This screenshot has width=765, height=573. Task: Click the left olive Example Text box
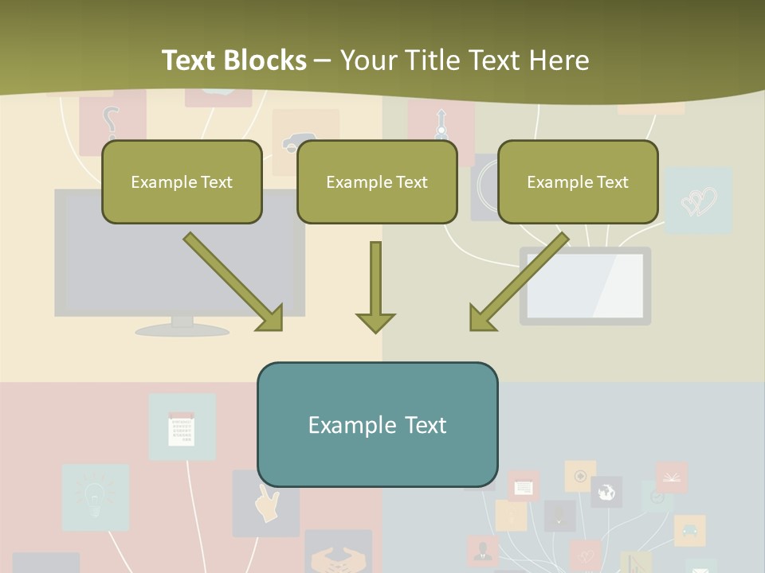(x=182, y=181)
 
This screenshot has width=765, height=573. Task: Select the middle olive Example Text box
(x=377, y=181)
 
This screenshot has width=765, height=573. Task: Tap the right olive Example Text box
(x=578, y=181)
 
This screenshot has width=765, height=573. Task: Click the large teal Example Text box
(x=377, y=425)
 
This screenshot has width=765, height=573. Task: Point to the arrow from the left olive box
(x=233, y=281)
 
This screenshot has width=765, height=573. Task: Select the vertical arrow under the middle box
(x=375, y=287)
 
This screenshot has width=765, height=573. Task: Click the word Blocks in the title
(x=267, y=60)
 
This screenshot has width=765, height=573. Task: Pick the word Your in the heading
(x=366, y=60)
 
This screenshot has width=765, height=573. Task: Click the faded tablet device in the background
(x=585, y=286)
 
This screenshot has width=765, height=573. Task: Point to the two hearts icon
(x=699, y=201)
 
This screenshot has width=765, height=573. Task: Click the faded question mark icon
(x=111, y=123)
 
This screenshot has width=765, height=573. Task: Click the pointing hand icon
(x=267, y=503)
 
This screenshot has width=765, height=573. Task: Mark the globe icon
(x=606, y=492)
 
